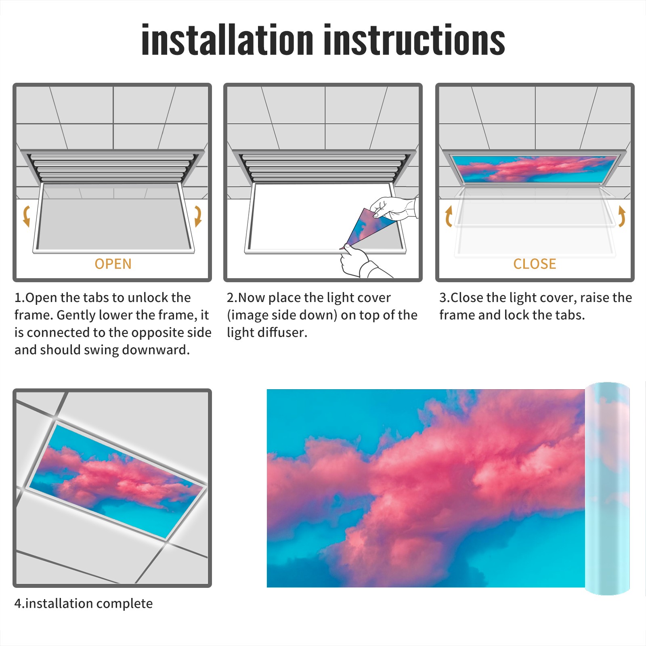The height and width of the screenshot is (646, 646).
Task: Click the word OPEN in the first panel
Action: (x=113, y=264)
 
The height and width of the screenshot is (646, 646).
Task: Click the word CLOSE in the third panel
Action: (x=535, y=264)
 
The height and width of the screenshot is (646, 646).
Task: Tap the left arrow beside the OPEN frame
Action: (x=26, y=216)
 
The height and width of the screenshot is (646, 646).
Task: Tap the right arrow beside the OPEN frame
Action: (x=198, y=216)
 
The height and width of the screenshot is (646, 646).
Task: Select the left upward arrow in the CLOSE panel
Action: (x=448, y=216)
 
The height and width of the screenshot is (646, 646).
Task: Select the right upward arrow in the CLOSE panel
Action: (x=622, y=216)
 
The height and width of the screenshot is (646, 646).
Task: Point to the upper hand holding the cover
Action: (x=394, y=208)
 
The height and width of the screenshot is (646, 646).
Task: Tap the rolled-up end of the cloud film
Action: (x=607, y=489)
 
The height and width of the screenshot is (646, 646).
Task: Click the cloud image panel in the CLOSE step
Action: (x=535, y=168)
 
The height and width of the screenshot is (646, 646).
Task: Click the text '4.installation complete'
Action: (x=84, y=603)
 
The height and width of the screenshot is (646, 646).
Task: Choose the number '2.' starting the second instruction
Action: (x=232, y=298)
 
